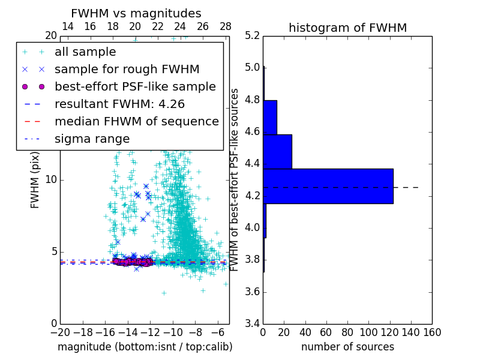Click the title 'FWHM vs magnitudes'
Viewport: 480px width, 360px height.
click(x=136, y=13)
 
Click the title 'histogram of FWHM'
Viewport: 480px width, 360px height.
click(x=347, y=28)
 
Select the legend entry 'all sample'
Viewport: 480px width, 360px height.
click(x=85, y=52)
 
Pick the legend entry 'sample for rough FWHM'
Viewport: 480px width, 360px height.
click(x=127, y=70)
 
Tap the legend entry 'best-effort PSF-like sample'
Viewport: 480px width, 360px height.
click(x=135, y=87)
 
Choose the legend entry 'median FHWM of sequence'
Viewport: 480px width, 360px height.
click(x=136, y=122)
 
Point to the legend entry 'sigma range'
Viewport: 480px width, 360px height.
click(x=92, y=139)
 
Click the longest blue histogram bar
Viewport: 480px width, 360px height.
click(x=328, y=186)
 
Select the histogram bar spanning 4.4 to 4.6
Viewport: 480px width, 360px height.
click(x=278, y=152)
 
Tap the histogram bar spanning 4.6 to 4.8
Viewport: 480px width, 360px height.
click(x=271, y=117)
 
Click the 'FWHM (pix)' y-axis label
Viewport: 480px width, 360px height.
click(x=35, y=179)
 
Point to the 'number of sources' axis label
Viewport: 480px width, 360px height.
click(x=347, y=347)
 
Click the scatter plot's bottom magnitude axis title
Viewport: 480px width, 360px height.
click(x=145, y=347)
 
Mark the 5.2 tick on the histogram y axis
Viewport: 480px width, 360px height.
click(x=252, y=35)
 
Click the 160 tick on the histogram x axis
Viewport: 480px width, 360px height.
click(x=432, y=332)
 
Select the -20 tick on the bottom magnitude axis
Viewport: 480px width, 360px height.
click(x=60, y=332)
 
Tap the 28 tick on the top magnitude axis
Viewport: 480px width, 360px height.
click(x=226, y=26)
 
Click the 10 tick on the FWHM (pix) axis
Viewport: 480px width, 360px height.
click(x=51, y=179)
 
